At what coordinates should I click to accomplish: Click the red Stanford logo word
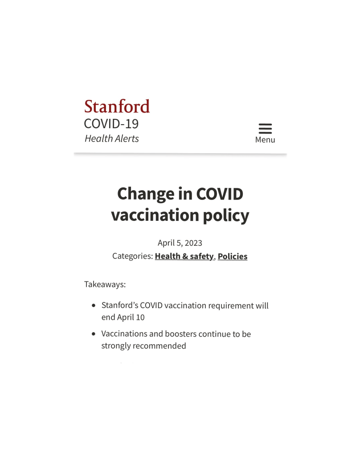coord(117,107)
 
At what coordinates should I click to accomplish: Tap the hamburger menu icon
coord(265,128)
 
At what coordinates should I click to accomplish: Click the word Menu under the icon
coord(265,140)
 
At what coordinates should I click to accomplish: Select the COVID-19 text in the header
coord(111,123)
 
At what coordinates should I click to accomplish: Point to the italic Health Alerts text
coord(111,138)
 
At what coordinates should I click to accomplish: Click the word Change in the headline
coord(145,194)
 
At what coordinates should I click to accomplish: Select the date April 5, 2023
coord(180,243)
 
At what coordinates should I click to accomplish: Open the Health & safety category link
coord(184,256)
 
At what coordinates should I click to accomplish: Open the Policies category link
coord(232,256)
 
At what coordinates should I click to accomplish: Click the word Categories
coord(132,256)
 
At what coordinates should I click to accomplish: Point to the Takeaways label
coord(105,284)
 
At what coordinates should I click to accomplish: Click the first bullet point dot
coord(93,306)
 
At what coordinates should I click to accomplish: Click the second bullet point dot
coord(93,334)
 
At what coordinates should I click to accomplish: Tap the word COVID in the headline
coord(220,194)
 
